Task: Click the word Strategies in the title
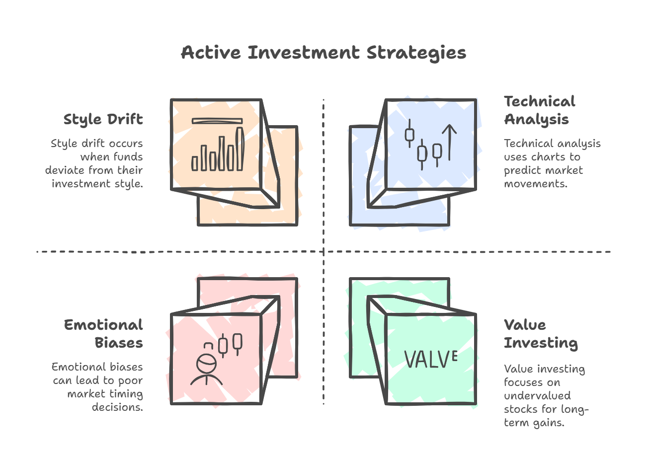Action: coord(416,53)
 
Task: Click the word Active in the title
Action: coord(211,53)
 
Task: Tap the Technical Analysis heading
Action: coord(540,110)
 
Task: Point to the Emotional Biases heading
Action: coord(103,334)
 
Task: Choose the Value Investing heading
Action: coord(541,334)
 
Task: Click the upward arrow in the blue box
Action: coord(449,143)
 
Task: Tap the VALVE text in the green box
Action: coord(431,359)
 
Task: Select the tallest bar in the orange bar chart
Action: coord(240,149)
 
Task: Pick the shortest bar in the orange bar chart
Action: coord(195,163)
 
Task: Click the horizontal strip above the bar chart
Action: coord(217,121)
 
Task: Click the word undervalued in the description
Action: coord(537,395)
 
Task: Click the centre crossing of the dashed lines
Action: coord(323,252)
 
